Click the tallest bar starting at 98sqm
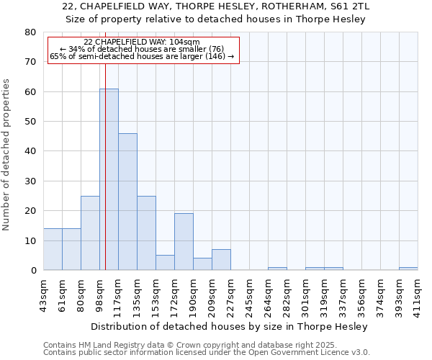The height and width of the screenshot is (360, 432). pos(109,179)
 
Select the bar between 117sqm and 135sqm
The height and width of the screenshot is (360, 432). pos(127,202)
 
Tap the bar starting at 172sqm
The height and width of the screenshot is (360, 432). pos(184,242)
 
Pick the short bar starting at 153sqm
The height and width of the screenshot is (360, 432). pos(165,263)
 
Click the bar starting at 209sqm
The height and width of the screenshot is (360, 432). pos(221,260)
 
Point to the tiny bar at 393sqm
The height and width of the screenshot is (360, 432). pos(408,269)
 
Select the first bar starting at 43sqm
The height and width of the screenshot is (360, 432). pos(53,249)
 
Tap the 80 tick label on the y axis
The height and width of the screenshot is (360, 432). pos(30,32)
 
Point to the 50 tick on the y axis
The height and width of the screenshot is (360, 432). pos(30,122)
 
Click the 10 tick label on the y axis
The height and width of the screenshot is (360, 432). pos(30,240)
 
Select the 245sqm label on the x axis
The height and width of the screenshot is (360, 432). pos(250,294)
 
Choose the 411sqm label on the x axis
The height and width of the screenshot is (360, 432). pos(418,294)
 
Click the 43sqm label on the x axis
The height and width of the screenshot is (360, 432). pos(44,294)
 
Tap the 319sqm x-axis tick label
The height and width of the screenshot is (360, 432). pos(324,294)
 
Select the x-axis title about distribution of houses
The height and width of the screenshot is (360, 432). pos(230,326)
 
